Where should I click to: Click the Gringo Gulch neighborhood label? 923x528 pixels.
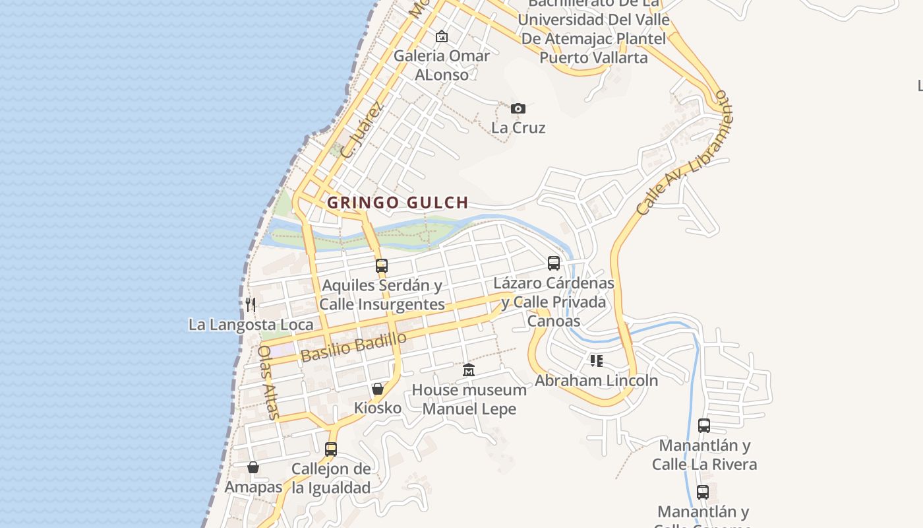pyautogui.click(x=398, y=203)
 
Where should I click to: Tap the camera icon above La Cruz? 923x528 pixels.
pyautogui.click(x=518, y=108)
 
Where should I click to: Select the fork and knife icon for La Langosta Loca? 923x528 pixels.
pyautogui.click(x=251, y=304)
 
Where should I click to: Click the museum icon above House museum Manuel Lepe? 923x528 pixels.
pyautogui.click(x=469, y=370)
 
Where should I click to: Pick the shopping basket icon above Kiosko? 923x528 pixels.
pyautogui.click(x=378, y=389)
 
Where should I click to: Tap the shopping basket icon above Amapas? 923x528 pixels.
pyautogui.click(x=253, y=467)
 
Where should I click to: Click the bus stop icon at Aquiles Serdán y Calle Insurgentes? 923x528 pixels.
pyautogui.click(x=382, y=266)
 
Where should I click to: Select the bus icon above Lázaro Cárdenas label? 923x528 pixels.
pyautogui.click(x=554, y=263)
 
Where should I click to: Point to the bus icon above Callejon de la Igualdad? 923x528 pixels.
pyautogui.click(x=331, y=449)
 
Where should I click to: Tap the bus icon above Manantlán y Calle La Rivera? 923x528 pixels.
pyautogui.click(x=704, y=426)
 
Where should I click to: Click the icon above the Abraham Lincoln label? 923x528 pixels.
pyautogui.click(x=596, y=361)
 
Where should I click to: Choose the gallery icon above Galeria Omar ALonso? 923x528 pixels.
pyautogui.click(x=442, y=36)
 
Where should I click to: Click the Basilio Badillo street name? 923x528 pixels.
pyautogui.click(x=354, y=346)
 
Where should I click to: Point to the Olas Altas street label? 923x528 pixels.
pyautogui.click(x=268, y=382)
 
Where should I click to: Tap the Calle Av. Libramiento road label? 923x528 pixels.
pyautogui.click(x=684, y=154)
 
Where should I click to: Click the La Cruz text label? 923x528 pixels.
pyautogui.click(x=518, y=127)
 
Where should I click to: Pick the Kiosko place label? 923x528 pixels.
pyautogui.click(x=378, y=408)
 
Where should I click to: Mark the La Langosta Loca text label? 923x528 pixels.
pyautogui.click(x=251, y=325)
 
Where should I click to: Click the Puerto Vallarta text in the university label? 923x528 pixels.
pyautogui.click(x=593, y=57)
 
